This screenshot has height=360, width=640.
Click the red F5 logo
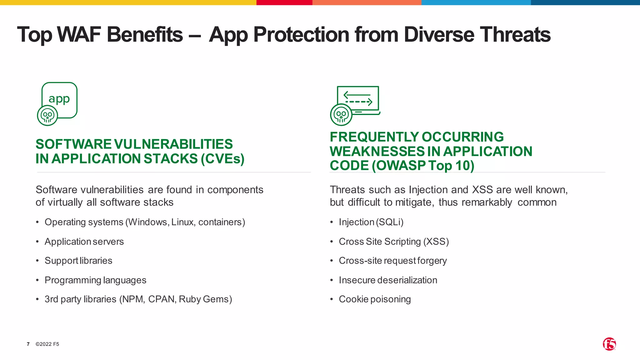click(x=609, y=344)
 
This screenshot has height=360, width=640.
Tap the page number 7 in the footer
click(x=28, y=344)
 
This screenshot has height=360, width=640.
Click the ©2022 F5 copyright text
click(x=47, y=344)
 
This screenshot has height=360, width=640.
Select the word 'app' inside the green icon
click(x=59, y=99)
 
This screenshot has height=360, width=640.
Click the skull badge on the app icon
click(x=47, y=116)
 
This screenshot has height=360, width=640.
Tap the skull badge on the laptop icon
click(x=341, y=115)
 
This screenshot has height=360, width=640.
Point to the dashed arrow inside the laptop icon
click(x=359, y=102)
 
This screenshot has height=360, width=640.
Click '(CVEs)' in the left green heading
click(x=222, y=159)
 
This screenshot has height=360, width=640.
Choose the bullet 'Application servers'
click(x=84, y=242)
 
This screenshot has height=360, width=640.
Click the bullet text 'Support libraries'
click(x=78, y=261)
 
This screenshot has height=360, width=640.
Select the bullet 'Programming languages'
click(x=95, y=280)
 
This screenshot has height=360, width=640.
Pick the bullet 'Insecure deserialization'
click(x=388, y=280)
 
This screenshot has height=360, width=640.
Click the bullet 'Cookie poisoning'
click(x=375, y=299)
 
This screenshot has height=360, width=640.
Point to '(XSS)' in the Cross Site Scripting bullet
click(x=436, y=242)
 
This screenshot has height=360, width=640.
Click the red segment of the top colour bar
click(x=284, y=2)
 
